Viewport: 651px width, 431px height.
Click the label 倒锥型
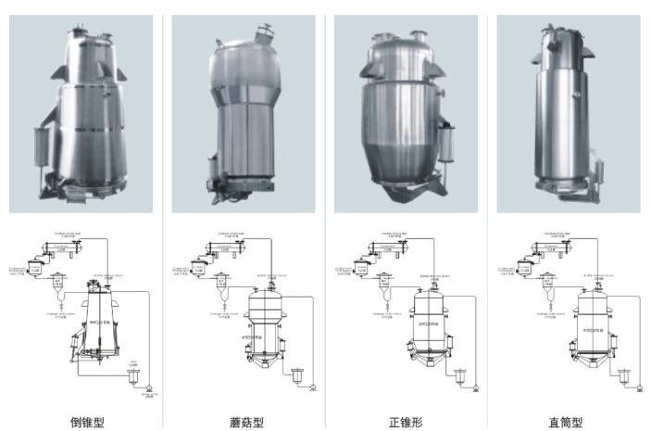tap(88, 422)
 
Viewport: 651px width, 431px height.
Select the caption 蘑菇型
tap(247, 422)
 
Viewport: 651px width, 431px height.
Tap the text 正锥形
tap(406, 422)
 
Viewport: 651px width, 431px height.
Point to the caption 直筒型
tap(565, 422)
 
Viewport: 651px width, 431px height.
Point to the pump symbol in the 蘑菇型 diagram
tap(314, 387)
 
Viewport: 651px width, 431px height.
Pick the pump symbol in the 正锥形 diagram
tap(476, 387)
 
